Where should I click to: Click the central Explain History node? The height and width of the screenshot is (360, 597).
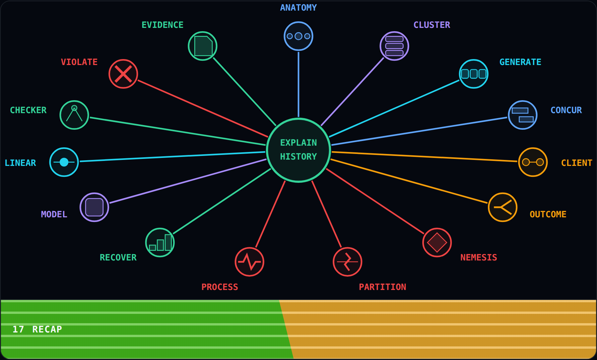(x=298, y=150)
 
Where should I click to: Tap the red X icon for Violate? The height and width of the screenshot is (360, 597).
(x=123, y=74)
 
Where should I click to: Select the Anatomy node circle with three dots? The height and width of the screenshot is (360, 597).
(x=298, y=36)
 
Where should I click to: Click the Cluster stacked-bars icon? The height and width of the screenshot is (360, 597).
(x=394, y=46)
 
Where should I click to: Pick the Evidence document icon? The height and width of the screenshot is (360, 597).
(x=203, y=46)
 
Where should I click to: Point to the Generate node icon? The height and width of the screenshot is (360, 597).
(x=474, y=74)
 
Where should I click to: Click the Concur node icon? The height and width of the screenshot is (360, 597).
(x=523, y=115)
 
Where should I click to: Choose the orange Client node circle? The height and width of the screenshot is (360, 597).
(x=533, y=162)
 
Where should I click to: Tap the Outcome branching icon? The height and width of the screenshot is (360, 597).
(x=503, y=207)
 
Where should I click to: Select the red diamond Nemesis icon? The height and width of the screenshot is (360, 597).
(x=437, y=242)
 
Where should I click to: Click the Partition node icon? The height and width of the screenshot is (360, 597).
(x=348, y=261)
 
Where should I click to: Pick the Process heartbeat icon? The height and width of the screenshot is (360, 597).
(x=249, y=261)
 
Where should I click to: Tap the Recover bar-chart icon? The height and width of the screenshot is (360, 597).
(x=160, y=242)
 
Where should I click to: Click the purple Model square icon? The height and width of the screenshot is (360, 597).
(x=94, y=207)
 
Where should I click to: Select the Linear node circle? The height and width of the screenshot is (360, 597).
(x=64, y=162)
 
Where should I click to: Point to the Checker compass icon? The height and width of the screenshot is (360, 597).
(x=74, y=115)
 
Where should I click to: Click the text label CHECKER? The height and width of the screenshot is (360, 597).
(x=28, y=110)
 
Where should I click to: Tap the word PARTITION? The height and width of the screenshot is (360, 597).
(x=382, y=287)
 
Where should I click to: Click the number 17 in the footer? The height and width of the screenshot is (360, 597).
(x=18, y=329)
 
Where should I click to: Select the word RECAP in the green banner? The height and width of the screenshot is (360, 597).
(x=47, y=329)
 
